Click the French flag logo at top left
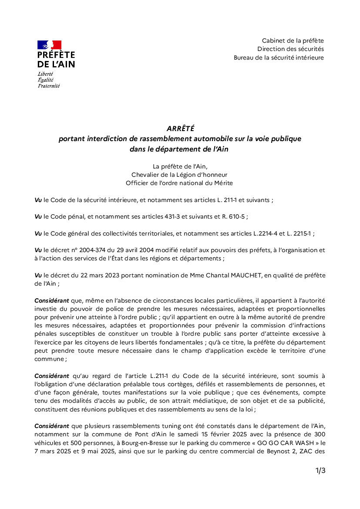(49, 44)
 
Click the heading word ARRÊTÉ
(180, 128)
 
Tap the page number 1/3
(320, 470)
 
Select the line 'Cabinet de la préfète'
(293, 40)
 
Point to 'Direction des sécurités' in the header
(290, 49)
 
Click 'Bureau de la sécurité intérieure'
(279, 57)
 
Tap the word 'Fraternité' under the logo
(49, 85)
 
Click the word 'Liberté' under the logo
(45, 74)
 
